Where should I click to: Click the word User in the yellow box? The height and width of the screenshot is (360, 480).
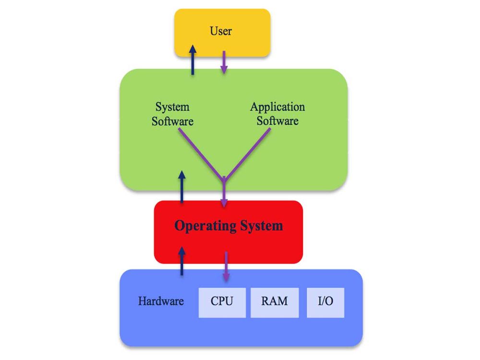(221, 31)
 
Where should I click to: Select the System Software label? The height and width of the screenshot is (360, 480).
(172, 114)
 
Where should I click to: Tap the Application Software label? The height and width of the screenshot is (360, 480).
(277, 114)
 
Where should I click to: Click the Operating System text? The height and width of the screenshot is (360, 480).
(228, 226)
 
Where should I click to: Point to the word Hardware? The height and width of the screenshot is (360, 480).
(161, 301)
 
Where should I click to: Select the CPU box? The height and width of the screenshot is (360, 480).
(222, 302)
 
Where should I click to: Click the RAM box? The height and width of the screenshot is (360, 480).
(275, 302)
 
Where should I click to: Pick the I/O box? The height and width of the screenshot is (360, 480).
(325, 302)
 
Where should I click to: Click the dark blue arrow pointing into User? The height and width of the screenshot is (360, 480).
(192, 60)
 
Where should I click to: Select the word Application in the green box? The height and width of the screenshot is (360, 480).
(277, 107)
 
